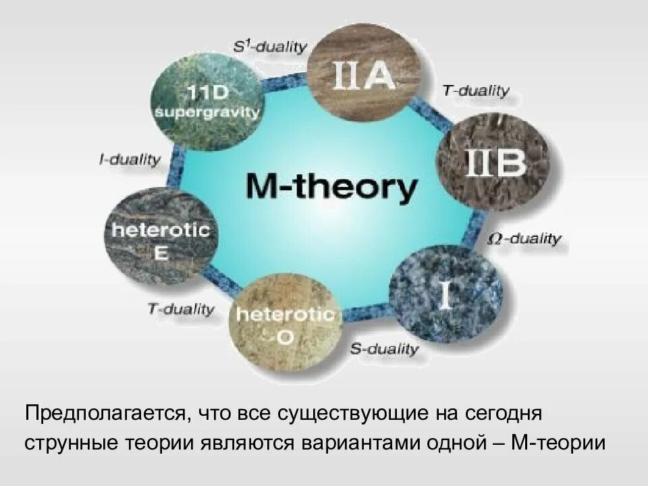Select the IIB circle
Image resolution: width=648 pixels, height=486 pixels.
[x=493, y=163]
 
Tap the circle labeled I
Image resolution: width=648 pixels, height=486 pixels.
[x=446, y=293]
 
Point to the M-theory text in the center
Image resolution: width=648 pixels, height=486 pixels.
[x=331, y=187]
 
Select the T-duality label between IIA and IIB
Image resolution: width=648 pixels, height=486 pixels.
[x=477, y=91]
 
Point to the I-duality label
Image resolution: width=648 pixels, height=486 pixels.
[x=130, y=160]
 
